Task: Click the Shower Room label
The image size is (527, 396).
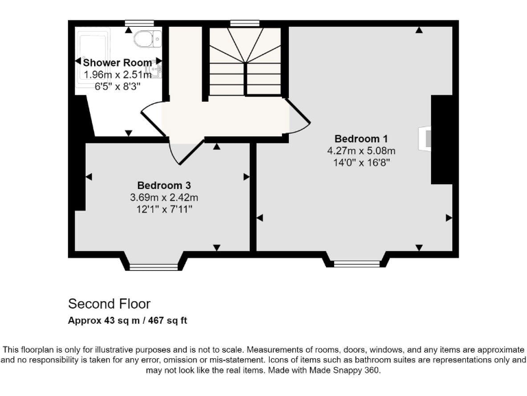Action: (x=117, y=63)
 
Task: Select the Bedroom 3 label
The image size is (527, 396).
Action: (x=164, y=185)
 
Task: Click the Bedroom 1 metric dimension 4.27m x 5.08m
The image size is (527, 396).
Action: (x=362, y=150)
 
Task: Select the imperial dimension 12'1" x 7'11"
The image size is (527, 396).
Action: (x=164, y=209)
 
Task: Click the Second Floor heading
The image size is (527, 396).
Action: (x=108, y=303)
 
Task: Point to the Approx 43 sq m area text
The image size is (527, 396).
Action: (x=128, y=320)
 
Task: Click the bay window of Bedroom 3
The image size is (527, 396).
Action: (x=153, y=266)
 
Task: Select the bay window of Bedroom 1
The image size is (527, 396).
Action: (x=356, y=263)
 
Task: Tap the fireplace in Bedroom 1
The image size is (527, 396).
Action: (x=428, y=139)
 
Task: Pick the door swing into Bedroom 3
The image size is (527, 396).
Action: (x=183, y=149)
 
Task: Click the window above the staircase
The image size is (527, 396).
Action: (x=239, y=23)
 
